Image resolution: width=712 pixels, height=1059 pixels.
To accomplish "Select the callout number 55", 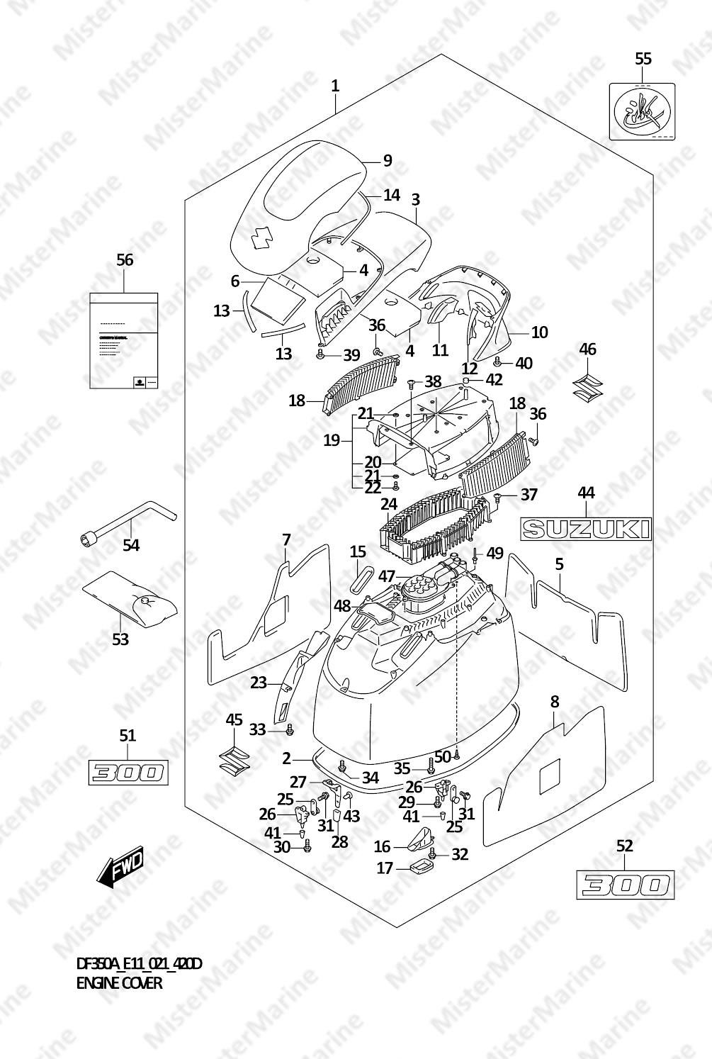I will [x=643, y=59].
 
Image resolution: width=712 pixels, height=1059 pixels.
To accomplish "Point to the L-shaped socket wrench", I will [x=128, y=525].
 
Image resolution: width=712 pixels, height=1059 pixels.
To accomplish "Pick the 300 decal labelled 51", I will [x=127, y=772].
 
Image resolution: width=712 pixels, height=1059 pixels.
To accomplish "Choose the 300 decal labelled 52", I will [x=624, y=885].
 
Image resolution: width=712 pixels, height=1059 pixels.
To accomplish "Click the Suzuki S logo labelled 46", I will [x=587, y=383].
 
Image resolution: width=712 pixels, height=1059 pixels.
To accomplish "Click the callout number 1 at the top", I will [x=335, y=86].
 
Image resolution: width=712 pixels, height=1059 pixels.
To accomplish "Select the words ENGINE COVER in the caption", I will [x=119, y=983].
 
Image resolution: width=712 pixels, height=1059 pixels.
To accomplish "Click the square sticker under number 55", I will [x=642, y=112].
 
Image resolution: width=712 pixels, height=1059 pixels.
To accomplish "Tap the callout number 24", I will [x=388, y=505].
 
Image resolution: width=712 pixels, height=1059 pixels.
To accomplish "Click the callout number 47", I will [x=385, y=576].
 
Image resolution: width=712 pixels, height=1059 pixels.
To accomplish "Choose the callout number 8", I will [x=555, y=702].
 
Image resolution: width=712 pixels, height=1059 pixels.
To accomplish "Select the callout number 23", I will [x=258, y=683].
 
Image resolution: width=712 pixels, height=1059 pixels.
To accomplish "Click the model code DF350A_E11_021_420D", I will [x=139, y=964].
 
